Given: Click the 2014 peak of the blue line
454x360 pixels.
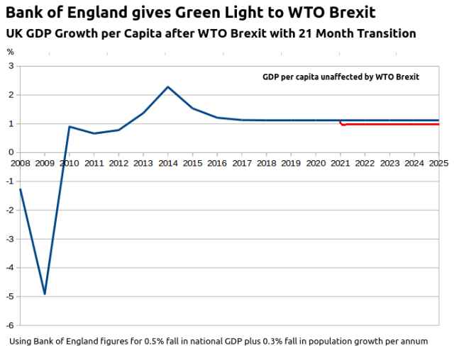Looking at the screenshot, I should point(167,86).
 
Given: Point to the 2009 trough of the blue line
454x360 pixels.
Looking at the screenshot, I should point(45,293).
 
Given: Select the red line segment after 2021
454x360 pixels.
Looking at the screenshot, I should point(390,125).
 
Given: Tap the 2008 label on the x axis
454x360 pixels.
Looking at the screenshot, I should point(20,163).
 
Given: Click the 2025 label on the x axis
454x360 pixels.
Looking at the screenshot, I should point(438,163).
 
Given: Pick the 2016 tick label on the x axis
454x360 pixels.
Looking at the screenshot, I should point(217,163).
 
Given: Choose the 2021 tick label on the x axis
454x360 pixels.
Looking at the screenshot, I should point(340,163).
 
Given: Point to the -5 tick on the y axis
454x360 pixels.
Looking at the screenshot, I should point(11,296).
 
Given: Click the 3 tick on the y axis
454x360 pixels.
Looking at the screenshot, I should point(11,66).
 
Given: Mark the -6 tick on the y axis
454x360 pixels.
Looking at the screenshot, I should point(11,325).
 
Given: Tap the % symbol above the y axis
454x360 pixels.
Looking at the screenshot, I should point(10,52).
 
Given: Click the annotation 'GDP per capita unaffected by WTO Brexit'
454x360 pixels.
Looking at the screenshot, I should point(340,77).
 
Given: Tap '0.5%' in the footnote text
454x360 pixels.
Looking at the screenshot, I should point(195,341).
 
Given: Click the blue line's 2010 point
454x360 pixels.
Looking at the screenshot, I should point(70,127).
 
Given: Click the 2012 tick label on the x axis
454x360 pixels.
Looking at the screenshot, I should point(118,163).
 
